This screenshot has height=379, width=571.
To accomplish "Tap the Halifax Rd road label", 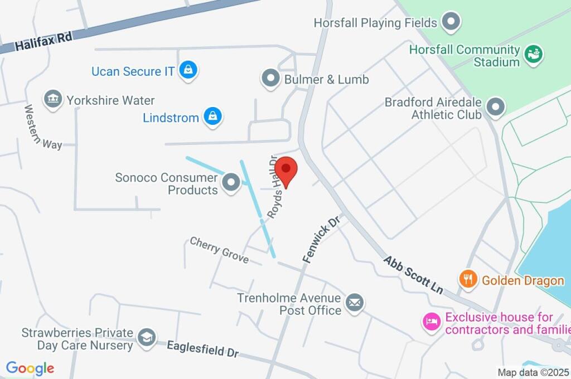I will (44, 41).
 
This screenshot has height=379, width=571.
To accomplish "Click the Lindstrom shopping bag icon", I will (212, 117).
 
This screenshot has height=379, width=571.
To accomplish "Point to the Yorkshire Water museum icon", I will (54, 100).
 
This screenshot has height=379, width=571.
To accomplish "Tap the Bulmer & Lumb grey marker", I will (271, 79).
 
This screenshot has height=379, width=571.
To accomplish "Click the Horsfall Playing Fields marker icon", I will (451, 22).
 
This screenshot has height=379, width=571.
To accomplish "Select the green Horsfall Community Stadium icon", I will (534, 55).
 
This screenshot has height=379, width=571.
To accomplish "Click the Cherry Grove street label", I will (219, 250).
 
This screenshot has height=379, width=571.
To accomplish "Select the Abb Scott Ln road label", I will (413, 275).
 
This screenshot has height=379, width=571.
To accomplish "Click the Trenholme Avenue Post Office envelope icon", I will (354, 303).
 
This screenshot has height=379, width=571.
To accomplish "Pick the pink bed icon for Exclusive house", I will (432, 322).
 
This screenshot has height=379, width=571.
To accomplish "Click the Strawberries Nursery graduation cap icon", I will (147, 337).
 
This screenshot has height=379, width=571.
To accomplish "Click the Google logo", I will (30, 368).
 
